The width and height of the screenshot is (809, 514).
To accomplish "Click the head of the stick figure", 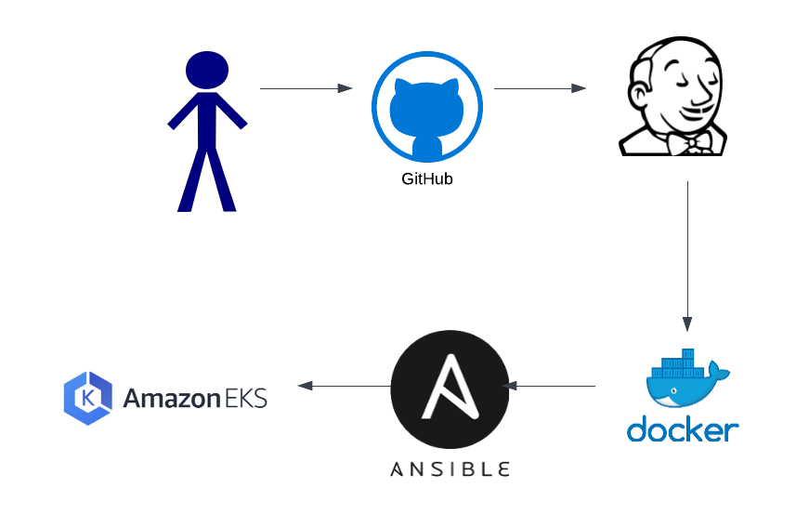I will tap(206, 70).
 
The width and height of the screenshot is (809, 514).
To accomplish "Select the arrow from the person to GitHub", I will tap(306, 89).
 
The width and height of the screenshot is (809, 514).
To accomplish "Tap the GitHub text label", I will tap(426, 178).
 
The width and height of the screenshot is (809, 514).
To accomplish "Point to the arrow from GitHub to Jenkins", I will tap(540, 89).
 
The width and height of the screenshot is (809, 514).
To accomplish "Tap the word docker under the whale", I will tap(683, 428).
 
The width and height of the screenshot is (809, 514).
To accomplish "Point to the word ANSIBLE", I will tap(450, 468).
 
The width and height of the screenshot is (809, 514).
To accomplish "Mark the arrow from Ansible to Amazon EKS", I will tap(344, 386).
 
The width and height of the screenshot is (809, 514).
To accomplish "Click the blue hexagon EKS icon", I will tap(88, 398).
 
